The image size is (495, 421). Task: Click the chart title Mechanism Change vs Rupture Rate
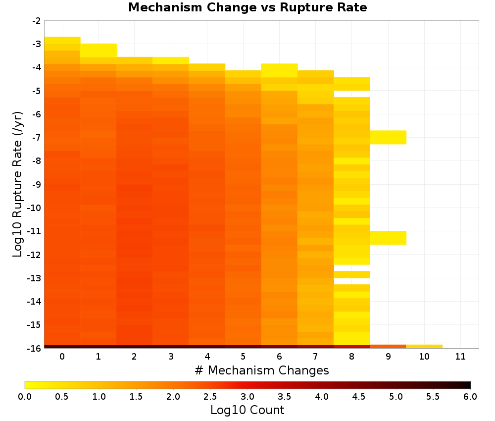[x=247, y=7]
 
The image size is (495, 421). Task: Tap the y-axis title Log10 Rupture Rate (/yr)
[x=18, y=184]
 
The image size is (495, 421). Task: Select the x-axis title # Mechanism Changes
[x=262, y=370]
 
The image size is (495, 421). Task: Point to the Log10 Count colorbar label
[x=247, y=410]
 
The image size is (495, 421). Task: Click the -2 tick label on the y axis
[x=36, y=21]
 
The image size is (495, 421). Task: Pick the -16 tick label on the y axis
[x=34, y=348]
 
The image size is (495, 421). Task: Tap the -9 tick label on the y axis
[x=36, y=184]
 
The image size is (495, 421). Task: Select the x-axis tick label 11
[x=460, y=357]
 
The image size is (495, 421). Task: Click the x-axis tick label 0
[x=62, y=357]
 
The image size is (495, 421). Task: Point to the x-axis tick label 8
[x=351, y=357]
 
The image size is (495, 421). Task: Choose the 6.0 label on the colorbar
[x=470, y=397]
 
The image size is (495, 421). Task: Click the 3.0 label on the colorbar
[x=247, y=397]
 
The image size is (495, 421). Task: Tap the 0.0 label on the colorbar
[x=25, y=397]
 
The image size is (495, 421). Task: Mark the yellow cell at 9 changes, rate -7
[x=388, y=137]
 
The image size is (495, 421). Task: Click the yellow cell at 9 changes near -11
[x=388, y=238]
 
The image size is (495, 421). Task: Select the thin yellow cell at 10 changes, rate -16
[x=424, y=347]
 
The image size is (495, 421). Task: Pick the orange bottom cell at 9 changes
[x=388, y=347]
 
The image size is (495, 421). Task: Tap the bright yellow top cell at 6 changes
[x=279, y=70]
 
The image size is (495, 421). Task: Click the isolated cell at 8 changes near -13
[x=352, y=274]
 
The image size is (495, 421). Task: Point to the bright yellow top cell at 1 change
[x=98, y=50]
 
